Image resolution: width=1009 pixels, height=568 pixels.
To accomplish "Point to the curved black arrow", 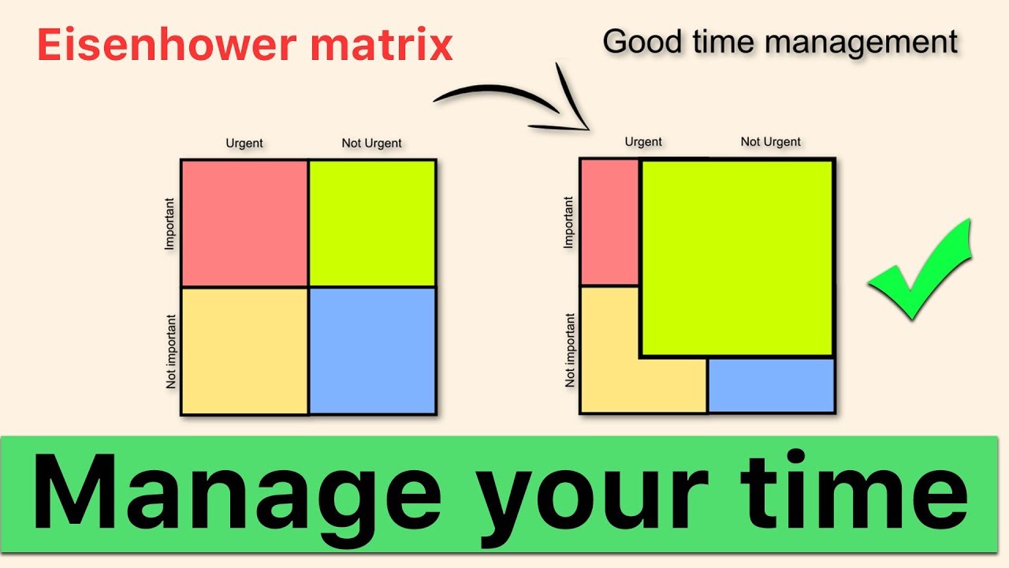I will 512,99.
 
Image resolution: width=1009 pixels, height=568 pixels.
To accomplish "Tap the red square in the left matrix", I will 244,223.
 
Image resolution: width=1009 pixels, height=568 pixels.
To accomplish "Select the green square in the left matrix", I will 372,223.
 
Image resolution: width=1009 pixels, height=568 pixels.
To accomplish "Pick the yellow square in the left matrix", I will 244,351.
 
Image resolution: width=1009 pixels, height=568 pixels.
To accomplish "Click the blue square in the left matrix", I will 372,351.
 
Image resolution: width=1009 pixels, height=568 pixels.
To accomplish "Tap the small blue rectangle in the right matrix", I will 771,386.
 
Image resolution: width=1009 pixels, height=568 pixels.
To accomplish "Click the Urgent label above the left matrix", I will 244,144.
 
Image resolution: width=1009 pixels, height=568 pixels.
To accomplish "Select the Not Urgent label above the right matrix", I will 770,142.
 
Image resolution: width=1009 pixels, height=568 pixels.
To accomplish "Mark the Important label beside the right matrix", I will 570,222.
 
